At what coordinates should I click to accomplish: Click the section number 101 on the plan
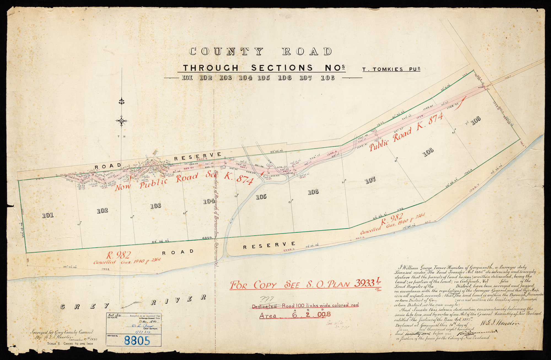pyautogui.click(x=48, y=215)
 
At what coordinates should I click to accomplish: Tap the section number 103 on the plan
pyautogui.click(x=156, y=206)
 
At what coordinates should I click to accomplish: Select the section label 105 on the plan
pyautogui.click(x=261, y=197)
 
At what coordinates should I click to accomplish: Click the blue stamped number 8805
pyautogui.click(x=137, y=341)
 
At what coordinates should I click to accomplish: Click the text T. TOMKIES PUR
pyautogui.click(x=391, y=69)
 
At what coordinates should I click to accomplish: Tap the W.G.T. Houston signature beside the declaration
pyautogui.click(x=501, y=323)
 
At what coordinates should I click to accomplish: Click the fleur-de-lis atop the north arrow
pyautogui.click(x=121, y=101)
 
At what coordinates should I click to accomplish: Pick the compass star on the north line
pyautogui.click(x=121, y=120)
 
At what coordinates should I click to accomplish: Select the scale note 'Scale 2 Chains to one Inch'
pyautogui.click(x=70, y=343)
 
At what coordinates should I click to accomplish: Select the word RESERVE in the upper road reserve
pyautogui.click(x=198, y=156)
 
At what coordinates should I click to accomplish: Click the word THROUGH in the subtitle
pyautogui.click(x=211, y=68)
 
